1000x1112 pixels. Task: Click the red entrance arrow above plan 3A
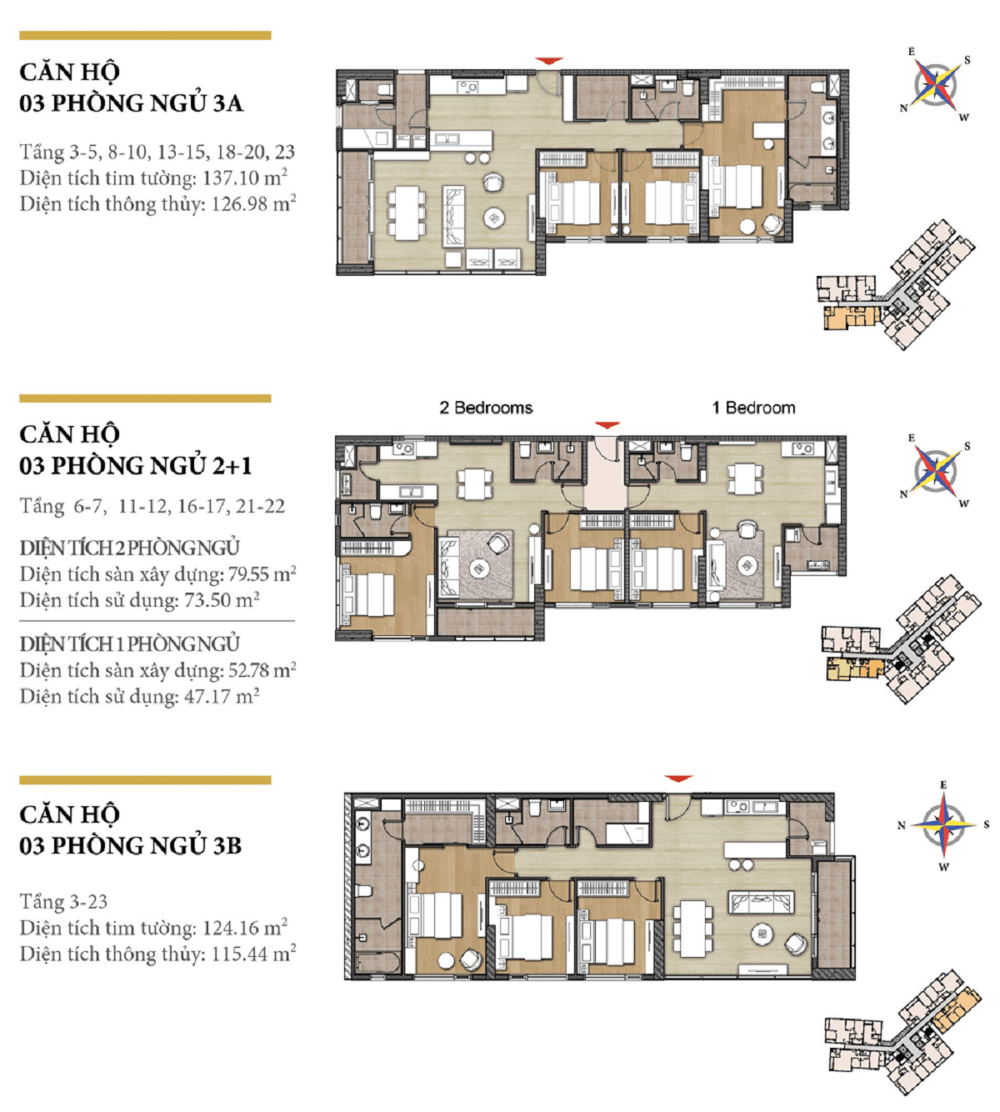pos(549,60)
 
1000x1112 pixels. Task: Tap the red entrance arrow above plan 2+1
pos(607,425)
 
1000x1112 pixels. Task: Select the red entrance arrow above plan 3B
pos(678,779)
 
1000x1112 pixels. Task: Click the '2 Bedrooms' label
pos(486,408)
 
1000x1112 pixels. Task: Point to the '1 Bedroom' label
pos(753,408)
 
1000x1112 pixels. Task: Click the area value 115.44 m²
pos(254,954)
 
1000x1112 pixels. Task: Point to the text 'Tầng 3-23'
pos(63,902)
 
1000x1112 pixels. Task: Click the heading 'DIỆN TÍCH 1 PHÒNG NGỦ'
pos(130,644)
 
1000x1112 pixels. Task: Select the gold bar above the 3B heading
pos(145,780)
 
